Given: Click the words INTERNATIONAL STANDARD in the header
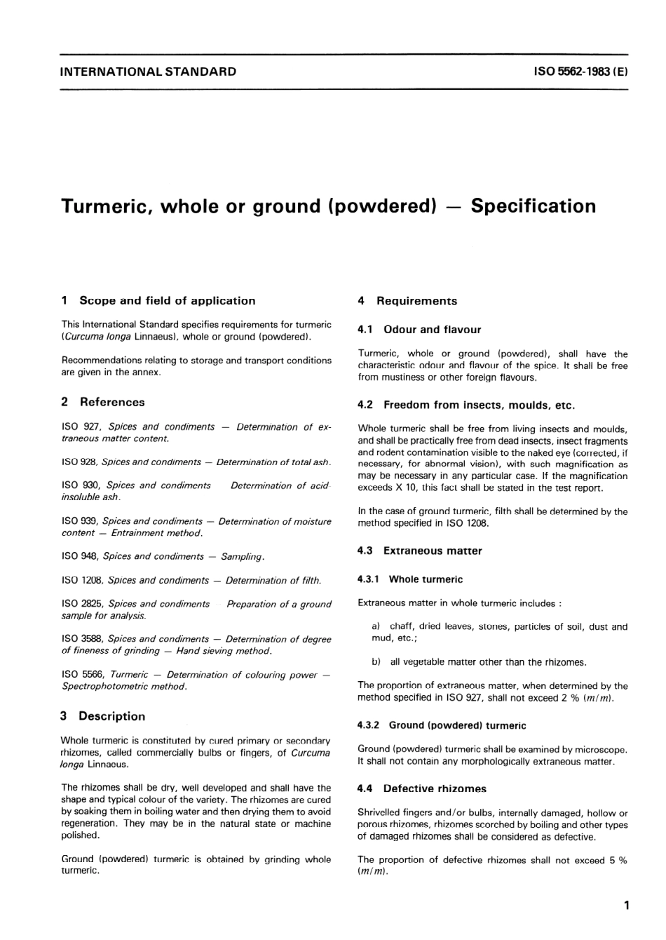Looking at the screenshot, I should tap(149, 72).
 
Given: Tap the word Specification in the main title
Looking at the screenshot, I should tap(533, 206).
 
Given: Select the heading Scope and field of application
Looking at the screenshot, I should tap(167, 301).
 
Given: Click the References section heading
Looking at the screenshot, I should tap(112, 402).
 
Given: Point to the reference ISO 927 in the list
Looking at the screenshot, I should tap(82, 427).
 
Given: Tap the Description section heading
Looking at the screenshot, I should tap(112, 716).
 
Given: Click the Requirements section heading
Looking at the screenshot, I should tap(416, 301).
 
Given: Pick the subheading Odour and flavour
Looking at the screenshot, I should tap(432, 330).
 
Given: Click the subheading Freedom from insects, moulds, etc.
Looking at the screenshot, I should tap(479, 405).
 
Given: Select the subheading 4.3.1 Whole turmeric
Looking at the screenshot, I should tap(426, 579).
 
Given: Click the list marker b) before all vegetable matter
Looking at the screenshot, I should tap(376, 662).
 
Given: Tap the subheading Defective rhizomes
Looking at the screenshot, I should tap(435, 789).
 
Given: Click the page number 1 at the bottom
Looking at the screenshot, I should tap(626, 906).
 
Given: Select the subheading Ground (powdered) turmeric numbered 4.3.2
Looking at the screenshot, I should tap(457, 726).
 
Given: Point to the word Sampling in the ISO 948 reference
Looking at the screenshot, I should tap(242, 557).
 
